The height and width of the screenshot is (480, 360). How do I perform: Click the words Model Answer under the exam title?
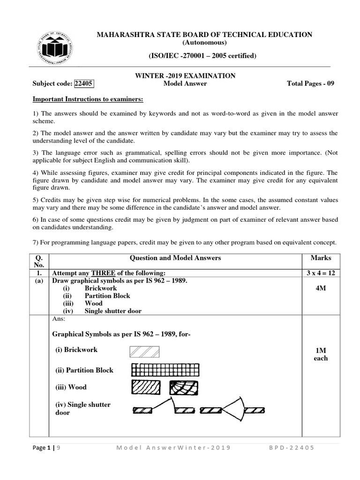tap(185, 84)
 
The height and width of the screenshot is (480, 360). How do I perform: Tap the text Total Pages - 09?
tap(310, 84)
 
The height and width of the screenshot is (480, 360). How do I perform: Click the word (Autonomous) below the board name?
tap(203, 43)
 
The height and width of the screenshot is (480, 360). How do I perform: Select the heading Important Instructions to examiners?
tap(88, 99)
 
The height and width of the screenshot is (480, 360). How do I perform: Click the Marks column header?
tap(321, 258)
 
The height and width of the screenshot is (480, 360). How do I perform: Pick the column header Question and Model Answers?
tap(175, 258)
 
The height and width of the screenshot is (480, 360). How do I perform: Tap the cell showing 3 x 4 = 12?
tap(321, 273)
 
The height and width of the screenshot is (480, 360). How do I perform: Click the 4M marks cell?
tap(321, 288)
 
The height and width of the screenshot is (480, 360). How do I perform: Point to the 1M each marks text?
tap(321, 354)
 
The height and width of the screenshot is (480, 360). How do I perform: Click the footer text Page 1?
tap(43, 448)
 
